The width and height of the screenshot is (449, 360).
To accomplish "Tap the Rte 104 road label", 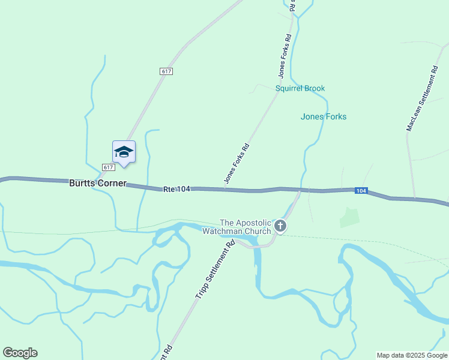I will pyautogui.click(x=176, y=189).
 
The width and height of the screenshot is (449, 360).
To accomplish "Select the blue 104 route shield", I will pyautogui.click(x=360, y=191).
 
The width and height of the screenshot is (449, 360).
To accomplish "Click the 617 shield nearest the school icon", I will pyautogui.click(x=108, y=167).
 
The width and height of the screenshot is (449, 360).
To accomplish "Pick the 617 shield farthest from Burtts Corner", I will pyautogui.click(x=166, y=71).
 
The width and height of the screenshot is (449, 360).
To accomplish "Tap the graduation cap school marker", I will pyautogui.click(x=124, y=152).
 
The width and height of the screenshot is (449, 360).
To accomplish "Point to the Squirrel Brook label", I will pyautogui.click(x=300, y=88).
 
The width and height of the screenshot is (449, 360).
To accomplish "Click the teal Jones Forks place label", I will pyautogui.click(x=324, y=116).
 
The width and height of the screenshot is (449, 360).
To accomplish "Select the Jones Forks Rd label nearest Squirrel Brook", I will pyautogui.click(x=285, y=56).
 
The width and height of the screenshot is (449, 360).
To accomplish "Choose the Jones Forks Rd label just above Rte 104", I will pyautogui.click(x=236, y=163).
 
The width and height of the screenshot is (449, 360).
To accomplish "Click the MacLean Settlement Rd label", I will pyautogui.click(x=421, y=99).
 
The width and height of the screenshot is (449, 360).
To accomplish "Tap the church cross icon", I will pyautogui.click(x=280, y=226).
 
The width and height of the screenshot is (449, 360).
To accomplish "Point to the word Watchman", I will pyautogui.click(x=222, y=231).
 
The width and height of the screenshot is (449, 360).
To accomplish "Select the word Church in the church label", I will pyautogui.click(x=259, y=231).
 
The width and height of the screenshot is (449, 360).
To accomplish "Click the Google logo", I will pyautogui.click(x=20, y=353).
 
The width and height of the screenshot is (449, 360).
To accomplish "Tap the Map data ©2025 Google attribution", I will pyautogui.click(x=412, y=355).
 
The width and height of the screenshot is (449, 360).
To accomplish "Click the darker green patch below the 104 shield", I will pyautogui.click(x=349, y=217).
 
